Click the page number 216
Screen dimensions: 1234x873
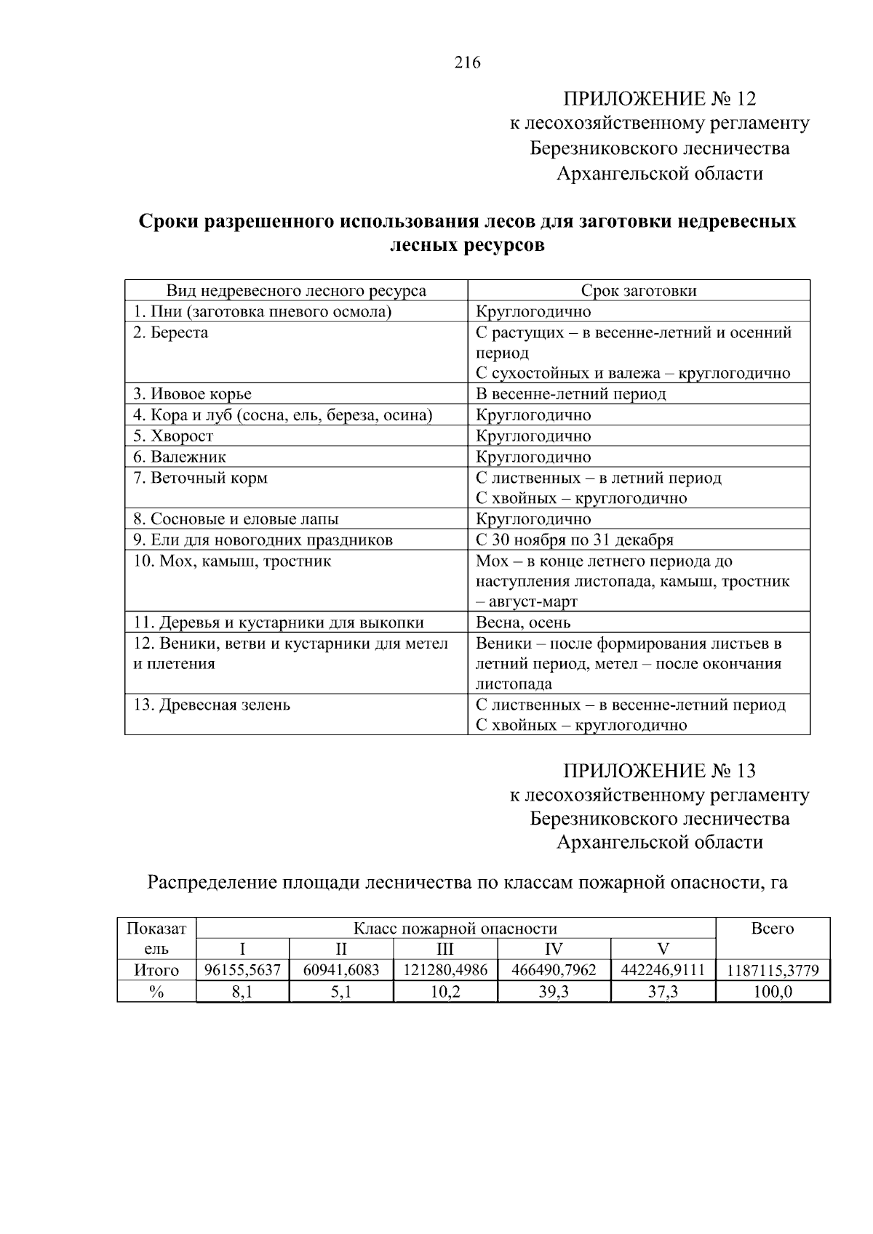click(467, 63)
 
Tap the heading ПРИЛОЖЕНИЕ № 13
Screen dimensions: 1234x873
click(660, 770)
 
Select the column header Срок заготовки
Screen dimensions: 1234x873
click(638, 291)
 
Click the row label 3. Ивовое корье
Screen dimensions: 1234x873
click(192, 394)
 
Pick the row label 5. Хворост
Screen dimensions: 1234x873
click(173, 436)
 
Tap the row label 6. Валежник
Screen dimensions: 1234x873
click(180, 457)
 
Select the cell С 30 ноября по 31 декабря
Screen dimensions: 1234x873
click(574, 540)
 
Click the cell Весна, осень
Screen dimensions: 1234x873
click(523, 623)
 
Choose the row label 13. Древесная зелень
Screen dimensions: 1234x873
click(212, 705)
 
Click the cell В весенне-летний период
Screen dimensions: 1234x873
click(570, 394)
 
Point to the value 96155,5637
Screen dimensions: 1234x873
click(243, 971)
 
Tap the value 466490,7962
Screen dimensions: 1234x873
click(554, 971)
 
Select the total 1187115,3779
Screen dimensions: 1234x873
click(773, 971)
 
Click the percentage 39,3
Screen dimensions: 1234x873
click(554, 992)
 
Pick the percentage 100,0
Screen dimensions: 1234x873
click(773, 992)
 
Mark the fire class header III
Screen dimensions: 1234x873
click(445, 949)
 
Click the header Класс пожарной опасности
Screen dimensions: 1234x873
click(455, 929)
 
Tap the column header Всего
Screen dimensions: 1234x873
click(773, 929)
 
